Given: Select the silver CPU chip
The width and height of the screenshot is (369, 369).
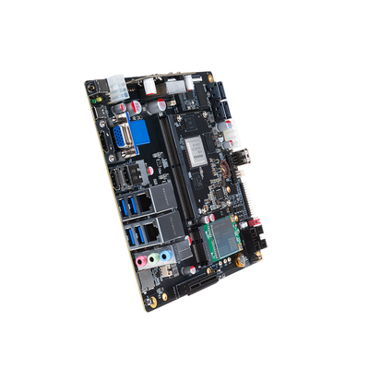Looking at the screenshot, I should click(199, 141).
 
